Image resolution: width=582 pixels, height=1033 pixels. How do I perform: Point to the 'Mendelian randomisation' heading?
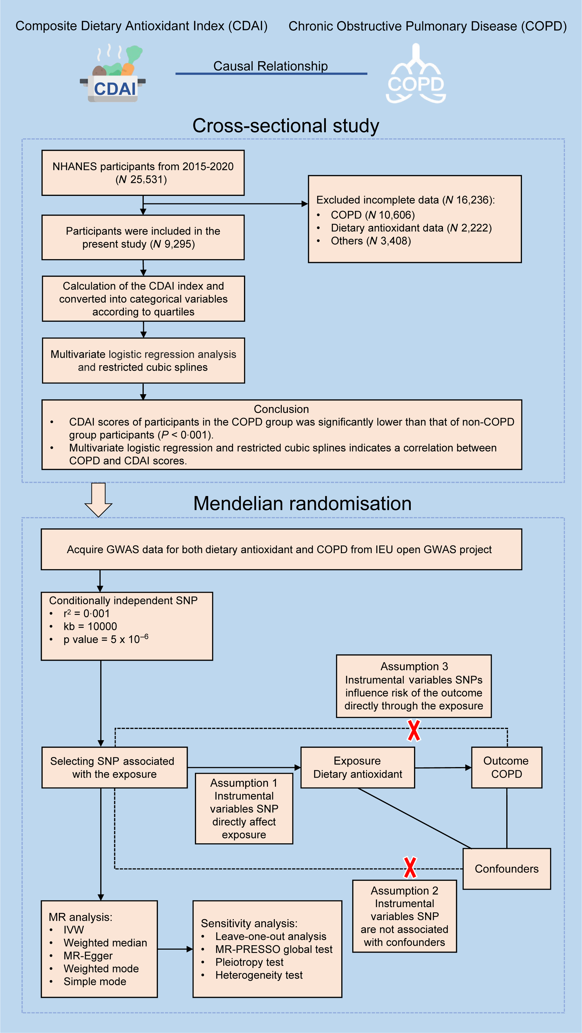[x=302, y=503]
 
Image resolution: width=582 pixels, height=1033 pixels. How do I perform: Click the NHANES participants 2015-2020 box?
[x=143, y=173]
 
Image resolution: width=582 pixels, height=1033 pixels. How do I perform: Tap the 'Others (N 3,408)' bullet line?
[x=370, y=241]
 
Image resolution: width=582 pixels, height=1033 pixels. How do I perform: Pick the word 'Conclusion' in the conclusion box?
[x=281, y=409]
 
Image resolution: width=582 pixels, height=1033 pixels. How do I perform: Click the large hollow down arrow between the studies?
[x=98, y=500]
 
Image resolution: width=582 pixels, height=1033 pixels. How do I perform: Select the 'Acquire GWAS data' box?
[x=281, y=549]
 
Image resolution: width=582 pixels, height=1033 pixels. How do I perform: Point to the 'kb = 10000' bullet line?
[x=90, y=626]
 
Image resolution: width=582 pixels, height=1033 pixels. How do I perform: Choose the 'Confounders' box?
[x=507, y=869]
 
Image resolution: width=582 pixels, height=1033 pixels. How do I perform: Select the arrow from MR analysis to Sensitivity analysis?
[x=175, y=949]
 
